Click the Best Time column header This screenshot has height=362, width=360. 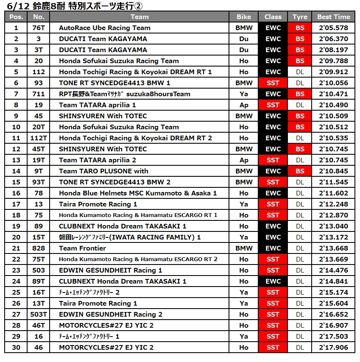(333, 17)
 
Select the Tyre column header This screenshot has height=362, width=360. (300, 17)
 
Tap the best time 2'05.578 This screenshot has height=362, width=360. (333, 28)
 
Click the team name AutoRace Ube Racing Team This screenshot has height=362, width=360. (104, 28)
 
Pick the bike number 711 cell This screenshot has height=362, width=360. (39, 94)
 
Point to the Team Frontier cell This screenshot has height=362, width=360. (82, 248)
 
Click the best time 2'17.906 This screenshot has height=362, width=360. (333, 348)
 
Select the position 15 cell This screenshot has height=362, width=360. (16, 182)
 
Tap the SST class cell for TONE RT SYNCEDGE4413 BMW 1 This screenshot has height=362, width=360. (273, 83)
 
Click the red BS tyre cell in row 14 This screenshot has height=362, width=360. (300, 171)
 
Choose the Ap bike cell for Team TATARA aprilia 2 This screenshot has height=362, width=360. (244, 160)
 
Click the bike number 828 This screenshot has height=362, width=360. (39, 248)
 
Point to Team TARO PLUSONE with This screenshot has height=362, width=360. (103, 171)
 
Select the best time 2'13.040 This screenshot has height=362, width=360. (333, 226)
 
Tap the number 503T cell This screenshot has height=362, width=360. (39, 315)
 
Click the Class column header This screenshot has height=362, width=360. (273, 17)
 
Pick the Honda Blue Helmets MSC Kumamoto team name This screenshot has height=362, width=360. (138, 193)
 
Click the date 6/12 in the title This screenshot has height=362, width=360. (14, 6)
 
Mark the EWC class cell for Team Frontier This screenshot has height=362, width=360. (273, 248)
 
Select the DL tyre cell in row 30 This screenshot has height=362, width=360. (300, 348)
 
